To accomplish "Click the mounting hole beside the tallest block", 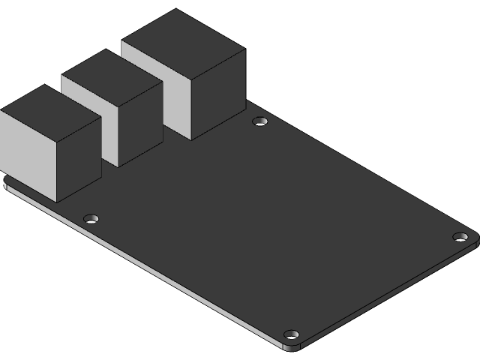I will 260,121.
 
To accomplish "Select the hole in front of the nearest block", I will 91,219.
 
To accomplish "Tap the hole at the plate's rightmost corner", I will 460,237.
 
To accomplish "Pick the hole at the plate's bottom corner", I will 292,334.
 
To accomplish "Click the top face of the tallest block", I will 184,42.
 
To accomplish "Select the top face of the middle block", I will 112,74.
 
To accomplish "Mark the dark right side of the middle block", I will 140,124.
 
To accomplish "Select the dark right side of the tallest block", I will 218,94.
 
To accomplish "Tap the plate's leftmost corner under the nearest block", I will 5,184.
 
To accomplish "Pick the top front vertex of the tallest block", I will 192,77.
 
